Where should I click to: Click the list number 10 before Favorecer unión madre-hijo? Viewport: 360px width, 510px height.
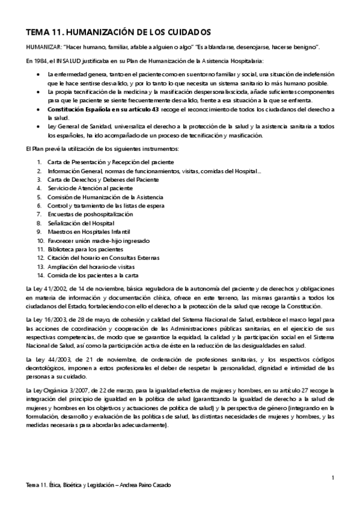point(40,240)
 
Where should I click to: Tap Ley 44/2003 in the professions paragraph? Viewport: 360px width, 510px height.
point(43,358)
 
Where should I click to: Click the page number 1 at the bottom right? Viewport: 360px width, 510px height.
point(332,478)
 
